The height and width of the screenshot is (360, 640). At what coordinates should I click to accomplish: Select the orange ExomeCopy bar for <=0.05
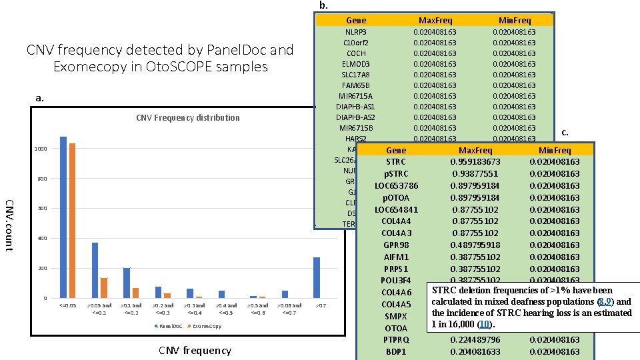[73, 220]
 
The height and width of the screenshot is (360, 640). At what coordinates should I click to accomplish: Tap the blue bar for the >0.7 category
[317, 277]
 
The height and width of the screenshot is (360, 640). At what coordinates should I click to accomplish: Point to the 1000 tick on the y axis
[41, 149]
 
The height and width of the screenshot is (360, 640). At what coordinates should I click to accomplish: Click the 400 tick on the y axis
[42, 239]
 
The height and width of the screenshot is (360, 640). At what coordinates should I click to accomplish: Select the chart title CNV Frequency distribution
[187, 118]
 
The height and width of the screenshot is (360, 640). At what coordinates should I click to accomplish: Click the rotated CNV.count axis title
[9, 225]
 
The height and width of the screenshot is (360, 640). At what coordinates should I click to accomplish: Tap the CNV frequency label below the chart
[195, 350]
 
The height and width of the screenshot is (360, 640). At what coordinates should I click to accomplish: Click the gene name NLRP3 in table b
[355, 32]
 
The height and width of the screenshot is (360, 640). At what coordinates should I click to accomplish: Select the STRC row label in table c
[396, 162]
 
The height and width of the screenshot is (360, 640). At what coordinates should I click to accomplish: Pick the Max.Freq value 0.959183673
[475, 162]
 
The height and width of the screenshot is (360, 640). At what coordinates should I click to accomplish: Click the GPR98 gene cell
[396, 245]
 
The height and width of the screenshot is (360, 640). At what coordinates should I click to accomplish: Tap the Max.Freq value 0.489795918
[475, 245]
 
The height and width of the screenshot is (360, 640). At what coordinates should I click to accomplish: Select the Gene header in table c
[396, 151]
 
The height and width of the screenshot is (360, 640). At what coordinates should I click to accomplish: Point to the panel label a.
[39, 98]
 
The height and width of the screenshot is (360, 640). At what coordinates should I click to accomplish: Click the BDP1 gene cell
[396, 352]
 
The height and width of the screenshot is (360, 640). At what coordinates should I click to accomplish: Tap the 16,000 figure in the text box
[460, 325]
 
